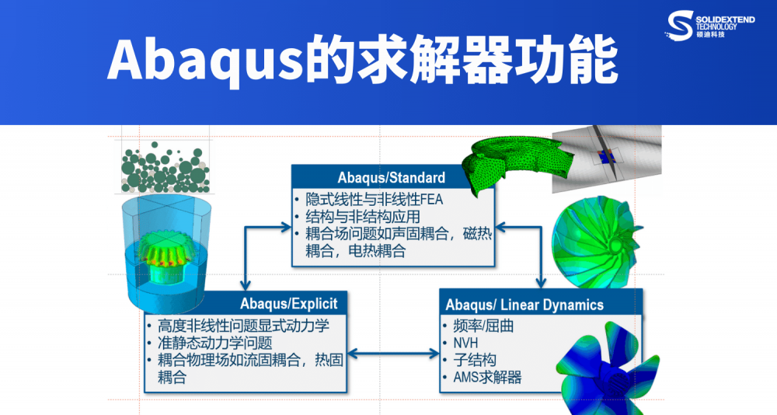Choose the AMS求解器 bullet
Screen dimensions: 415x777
click(486, 378)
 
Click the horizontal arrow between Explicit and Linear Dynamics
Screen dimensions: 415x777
click(397, 354)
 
